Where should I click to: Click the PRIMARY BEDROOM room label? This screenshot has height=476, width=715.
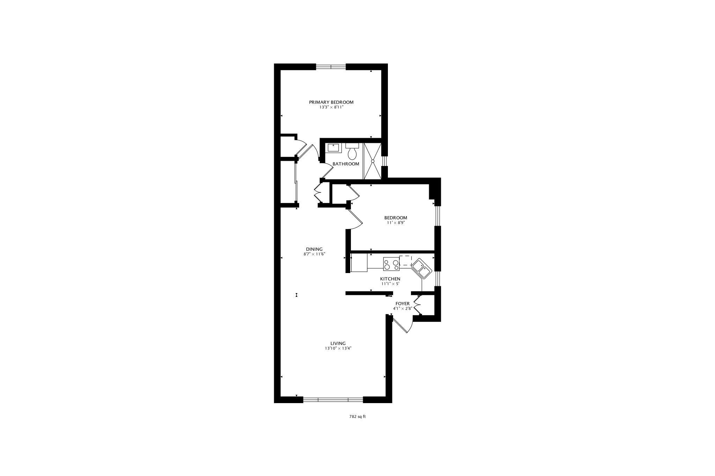(331, 102)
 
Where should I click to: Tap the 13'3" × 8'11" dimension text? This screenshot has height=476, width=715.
(331, 107)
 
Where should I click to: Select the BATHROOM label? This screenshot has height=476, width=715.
(346, 164)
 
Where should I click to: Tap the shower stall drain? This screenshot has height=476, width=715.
(373, 161)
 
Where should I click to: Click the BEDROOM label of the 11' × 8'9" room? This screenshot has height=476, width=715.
(396, 218)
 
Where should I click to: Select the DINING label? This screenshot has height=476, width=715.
(314, 249)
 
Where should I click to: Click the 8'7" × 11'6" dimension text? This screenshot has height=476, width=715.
(314, 254)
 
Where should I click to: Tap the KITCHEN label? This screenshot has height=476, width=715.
(390, 279)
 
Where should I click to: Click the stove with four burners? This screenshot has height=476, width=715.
(391, 264)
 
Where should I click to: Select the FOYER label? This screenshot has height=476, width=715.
(403, 304)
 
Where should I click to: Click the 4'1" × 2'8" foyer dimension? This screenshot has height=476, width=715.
(403, 309)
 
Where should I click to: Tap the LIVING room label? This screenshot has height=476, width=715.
(338, 343)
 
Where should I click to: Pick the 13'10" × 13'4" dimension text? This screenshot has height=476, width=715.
(338, 348)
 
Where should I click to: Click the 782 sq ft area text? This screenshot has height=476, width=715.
(357, 416)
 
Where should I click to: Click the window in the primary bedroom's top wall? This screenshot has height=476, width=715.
(331, 67)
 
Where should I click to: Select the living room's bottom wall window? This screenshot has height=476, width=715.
(333, 400)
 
